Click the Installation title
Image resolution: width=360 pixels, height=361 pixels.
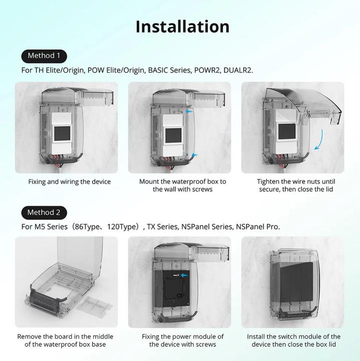click(x=182, y=26)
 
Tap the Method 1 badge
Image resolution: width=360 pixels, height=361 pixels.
click(x=44, y=56)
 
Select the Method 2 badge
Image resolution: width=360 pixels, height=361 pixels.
click(x=44, y=212)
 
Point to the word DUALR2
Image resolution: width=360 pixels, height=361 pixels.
click(x=239, y=70)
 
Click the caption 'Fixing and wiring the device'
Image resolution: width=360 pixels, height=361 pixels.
click(x=70, y=182)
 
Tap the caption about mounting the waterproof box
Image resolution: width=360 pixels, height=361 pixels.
click(x=183, y=185)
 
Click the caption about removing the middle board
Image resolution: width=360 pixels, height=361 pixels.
click(x=65, y=340)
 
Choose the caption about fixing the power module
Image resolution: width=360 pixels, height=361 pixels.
click(x=183, y=340)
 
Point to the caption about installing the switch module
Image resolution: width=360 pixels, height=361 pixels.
click(x=294, y=340)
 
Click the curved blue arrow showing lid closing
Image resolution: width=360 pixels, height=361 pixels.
click(x=317, y=137)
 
